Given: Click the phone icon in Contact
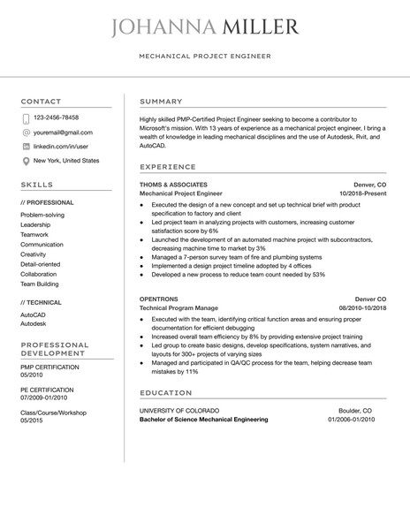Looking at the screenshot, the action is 26,117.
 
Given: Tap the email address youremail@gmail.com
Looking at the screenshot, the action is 65,132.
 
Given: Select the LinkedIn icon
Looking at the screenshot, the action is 26,146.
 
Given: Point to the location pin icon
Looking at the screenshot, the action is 26,161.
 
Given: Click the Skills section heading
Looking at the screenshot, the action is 36,185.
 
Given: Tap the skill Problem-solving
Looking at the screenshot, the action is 42,215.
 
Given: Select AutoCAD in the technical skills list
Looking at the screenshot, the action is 34,314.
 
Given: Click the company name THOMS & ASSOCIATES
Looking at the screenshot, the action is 174,185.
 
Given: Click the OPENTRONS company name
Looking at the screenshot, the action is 160,299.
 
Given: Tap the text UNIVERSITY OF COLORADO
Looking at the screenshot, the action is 184,411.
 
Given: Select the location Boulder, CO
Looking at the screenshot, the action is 356,411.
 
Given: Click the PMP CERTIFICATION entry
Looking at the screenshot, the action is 49,367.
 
